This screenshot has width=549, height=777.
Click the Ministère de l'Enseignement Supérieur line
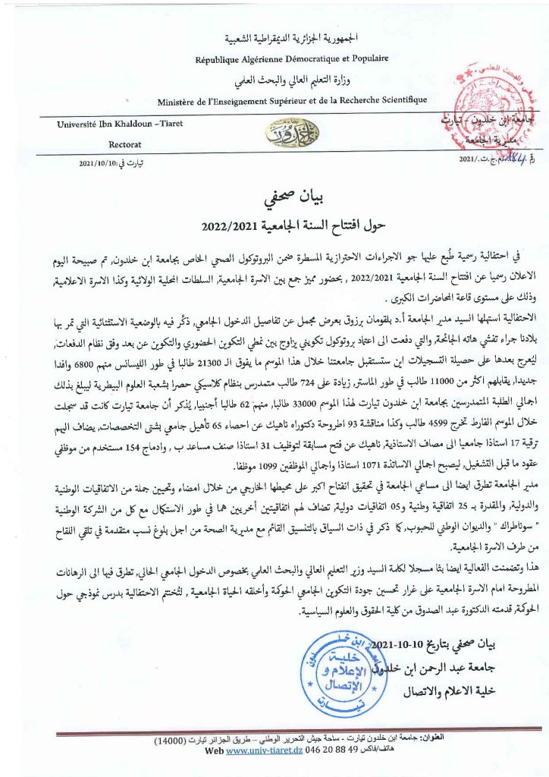click(292, 100)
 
